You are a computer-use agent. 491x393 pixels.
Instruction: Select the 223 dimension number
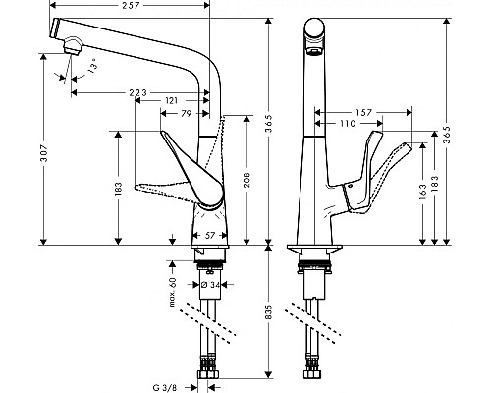tap(138, 92)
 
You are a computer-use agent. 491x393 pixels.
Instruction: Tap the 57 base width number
tap(209, 235)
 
